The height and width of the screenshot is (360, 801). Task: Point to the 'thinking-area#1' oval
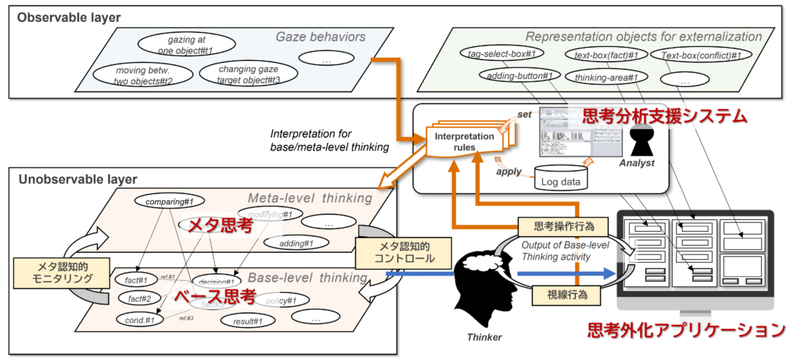(606, 77)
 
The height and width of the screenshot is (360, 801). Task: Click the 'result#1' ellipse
(246, 320)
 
